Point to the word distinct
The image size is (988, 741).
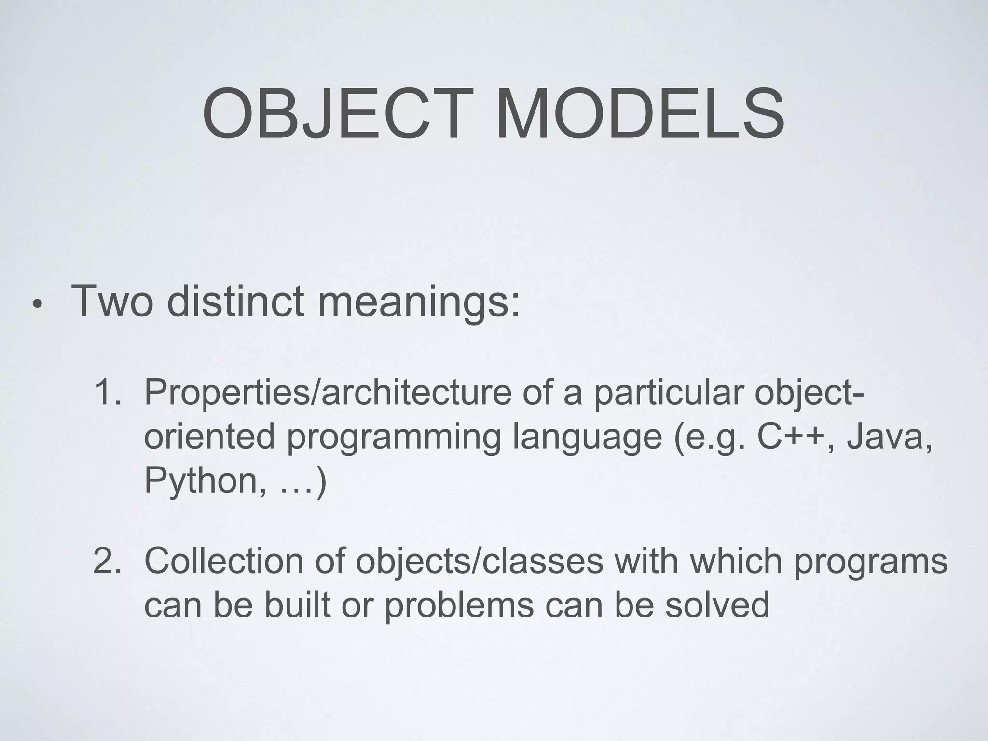pos(236,302)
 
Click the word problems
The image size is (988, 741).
pos(459,605)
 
